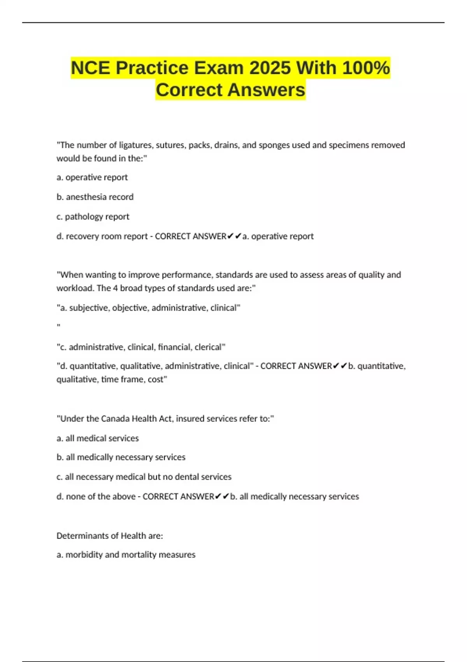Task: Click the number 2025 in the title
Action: tap(270, 68)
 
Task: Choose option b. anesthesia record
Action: tap(95, 197)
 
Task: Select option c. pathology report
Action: tap(93, 217)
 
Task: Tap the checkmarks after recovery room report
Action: tap(234, 236)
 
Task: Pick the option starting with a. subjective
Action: tap(148, 308)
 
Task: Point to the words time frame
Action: tap(122, 379)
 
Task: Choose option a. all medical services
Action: tap(97, 438)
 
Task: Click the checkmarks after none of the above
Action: tap(222, 496)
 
